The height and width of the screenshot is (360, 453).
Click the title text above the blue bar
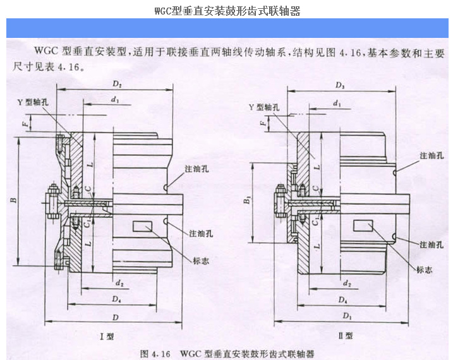[x=226, y=11]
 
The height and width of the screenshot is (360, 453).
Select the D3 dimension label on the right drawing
[x=341, y=84]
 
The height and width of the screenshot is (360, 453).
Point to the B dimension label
[x=13, y=201]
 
